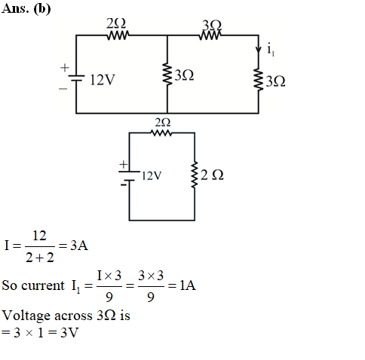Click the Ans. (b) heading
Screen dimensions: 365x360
pyautogui.click(x=26, y=9)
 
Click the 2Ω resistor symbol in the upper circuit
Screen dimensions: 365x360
pyautogui.click(x=118, y=35)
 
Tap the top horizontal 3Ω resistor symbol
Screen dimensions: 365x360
pyautogui.click(x=210, y=35)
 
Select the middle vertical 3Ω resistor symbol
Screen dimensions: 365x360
pyautogui.click(x=167, y=74)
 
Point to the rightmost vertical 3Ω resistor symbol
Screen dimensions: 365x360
pyautogui.click(x=259, y=79)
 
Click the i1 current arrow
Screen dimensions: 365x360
pyautogui.click(x=259, y=49)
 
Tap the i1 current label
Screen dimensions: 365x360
pyautogui.click(x=271, y=50)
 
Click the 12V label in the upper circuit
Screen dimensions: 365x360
pyautogui.click(x=103, y=80)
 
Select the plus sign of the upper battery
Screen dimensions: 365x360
pyautogui.click(x=65, y=68)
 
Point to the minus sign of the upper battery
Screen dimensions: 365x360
pyautogui.click(x=63, y=88)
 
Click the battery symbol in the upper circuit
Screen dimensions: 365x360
pyautogui.click(x=76, y=78)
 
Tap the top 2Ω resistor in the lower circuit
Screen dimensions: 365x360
pyautogui.click(x=161, y=133)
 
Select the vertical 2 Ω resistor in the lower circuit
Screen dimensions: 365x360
pyautogui.click(x=195, y=175)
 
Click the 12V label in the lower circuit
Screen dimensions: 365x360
pyautogui.click(x=152, y=175)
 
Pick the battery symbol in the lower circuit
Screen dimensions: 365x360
pyautogui.click(x=129, y=176)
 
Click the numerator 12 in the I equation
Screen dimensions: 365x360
pyautogui.click(x=39, y=236)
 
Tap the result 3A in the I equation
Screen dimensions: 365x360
pyautogui.click(x=79, y=246)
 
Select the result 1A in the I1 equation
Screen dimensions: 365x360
pyautogui.click(x=188, y=285)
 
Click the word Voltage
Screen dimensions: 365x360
pyautogui.click(x=26, y=316)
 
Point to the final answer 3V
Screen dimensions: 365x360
pyautogui.click(x=69, y=333)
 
